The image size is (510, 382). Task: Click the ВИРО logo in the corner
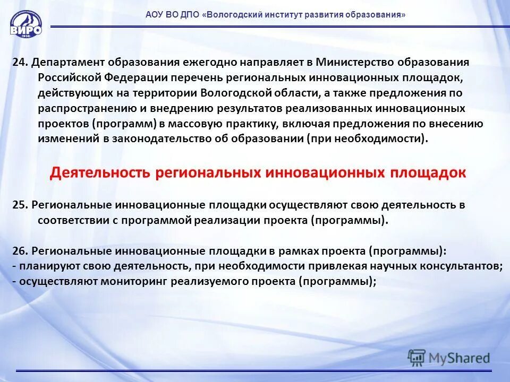click(25, 24)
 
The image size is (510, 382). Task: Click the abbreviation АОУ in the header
click(156, 15)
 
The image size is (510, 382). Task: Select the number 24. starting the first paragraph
click(20, 62)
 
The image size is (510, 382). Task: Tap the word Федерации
click(134, 77)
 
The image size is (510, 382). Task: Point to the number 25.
click(20, 205)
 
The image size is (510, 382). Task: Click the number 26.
click(20, 251)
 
